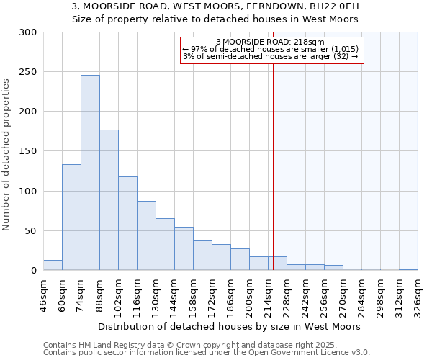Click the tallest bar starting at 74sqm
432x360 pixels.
(x=90, y=173)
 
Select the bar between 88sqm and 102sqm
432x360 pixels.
(x=109, y=200)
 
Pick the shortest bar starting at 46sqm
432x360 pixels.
(x=53, y=265)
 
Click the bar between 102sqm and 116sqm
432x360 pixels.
(x=127, y=223)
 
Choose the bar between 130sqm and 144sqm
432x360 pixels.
(x=165, y=244)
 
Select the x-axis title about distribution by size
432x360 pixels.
(x=228, y=326)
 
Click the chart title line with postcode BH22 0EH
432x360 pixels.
(x=216, y=6)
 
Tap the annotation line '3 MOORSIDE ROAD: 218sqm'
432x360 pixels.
(x=270, y=42)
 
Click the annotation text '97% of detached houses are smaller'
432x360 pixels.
(x=271, y=49)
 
